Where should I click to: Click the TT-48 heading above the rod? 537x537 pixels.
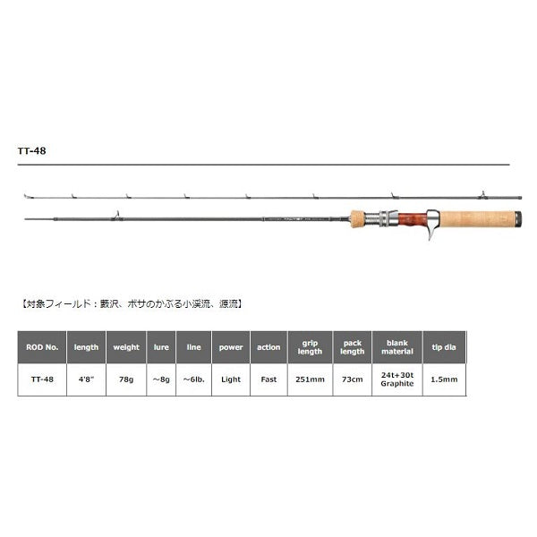coord(32,151)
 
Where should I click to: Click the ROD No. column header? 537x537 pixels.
coord(42,347)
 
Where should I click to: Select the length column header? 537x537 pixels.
coord(87,347)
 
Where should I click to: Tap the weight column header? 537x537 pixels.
coord(124,347)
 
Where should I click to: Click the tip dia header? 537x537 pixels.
coord(442,347)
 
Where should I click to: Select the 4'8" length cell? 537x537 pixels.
coord(87,379)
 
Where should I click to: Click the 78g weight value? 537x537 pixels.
coord(124,379)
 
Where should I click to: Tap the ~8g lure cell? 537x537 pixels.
coord(161,379)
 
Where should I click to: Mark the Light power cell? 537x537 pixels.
coord(231,379)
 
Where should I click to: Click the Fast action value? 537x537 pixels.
coord(268,379)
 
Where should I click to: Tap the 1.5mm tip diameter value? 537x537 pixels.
coord(442,379)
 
